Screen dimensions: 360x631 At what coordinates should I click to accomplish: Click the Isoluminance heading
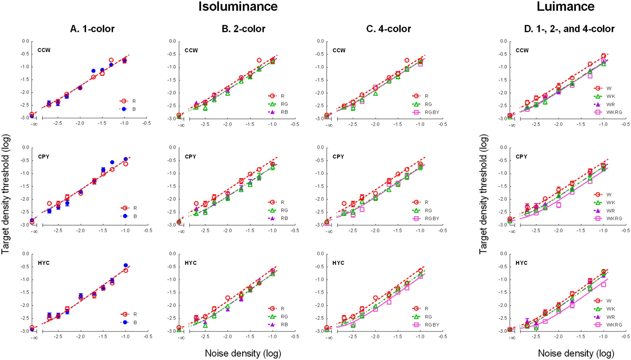coord(238,7)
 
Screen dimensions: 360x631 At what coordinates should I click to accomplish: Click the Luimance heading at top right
coord(565,7)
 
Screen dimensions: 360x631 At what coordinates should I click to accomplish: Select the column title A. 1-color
coord(92,29)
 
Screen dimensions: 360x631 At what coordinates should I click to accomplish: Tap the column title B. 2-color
coord(243,29)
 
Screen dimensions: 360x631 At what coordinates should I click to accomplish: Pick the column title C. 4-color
coord(389,29)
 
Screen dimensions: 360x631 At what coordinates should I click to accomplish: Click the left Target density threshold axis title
coord(6,194)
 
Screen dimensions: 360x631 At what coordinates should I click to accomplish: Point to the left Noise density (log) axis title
coord(243,353)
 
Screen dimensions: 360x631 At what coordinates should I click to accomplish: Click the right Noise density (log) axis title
coord(576,353)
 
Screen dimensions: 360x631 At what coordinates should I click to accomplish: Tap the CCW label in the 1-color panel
coord(44,50)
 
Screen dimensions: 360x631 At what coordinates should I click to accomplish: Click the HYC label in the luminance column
coord(521,263)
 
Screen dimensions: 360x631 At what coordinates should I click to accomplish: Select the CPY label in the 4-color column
coord(338,157)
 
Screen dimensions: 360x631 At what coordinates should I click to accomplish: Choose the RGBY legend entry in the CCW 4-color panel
coord(432,112)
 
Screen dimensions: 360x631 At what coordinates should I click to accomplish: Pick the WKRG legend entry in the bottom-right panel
coord(614,325)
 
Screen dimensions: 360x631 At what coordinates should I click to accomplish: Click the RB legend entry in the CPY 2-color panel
coord(284,218)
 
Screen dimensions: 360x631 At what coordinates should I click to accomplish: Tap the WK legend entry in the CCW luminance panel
coord(611,96)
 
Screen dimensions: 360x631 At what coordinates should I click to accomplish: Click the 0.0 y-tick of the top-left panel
coord(26,41)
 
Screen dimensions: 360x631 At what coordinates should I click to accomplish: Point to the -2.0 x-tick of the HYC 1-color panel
coord(80,337)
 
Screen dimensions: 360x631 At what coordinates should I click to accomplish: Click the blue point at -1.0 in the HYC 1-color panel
coord(126,265)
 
